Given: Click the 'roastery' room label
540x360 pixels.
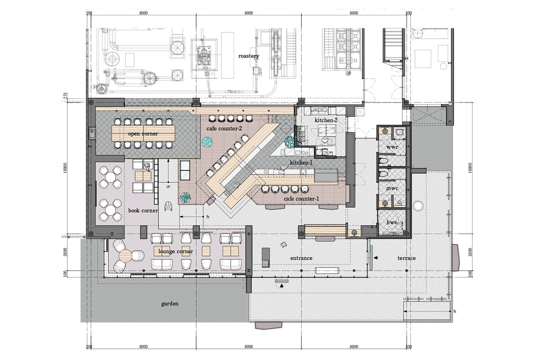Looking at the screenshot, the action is (x=248, y=56).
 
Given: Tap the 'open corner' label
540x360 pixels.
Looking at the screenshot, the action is (x=143, y=134).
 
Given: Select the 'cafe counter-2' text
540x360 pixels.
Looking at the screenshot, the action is (x=224, y=129).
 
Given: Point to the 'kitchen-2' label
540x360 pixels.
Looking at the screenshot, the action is (x=326, y=120).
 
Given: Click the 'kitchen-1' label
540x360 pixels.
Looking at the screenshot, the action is (x=301, y=162).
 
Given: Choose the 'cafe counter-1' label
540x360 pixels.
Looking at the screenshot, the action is (x=301, y=199).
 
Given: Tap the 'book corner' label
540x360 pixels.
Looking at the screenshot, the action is (x=143, y=211).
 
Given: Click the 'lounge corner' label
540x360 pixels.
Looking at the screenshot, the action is (x=175, y=252).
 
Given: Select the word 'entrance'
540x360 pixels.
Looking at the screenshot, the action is (x=301, y=258).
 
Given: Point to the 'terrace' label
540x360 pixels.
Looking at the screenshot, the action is (x=406, y=258).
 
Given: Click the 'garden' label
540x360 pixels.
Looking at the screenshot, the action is (x=170, y=304).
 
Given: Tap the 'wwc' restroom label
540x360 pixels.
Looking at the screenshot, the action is (x=392, y=147).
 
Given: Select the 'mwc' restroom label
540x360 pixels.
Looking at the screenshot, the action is (x=392, y=188).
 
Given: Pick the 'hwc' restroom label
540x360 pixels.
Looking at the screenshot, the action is (x=392, y=222).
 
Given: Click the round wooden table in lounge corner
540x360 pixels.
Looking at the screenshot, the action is (x=126, y=256).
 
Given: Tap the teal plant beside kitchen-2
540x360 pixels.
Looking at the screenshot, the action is (x=290, y=142).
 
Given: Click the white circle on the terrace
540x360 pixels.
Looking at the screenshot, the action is (x=418, y=206).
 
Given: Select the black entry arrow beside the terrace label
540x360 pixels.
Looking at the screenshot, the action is (x=376, y=258).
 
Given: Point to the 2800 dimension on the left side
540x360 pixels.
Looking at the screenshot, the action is (x=66, y=252).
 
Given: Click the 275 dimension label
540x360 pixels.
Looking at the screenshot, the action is (x=65, y=96).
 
